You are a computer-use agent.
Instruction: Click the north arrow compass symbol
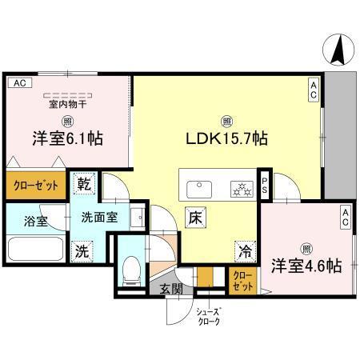tap(338, 50)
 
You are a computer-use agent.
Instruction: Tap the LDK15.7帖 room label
tap(227, 138)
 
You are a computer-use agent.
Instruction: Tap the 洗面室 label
tap(100, 217)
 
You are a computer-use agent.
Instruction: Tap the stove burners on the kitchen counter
tap(238, 189)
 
